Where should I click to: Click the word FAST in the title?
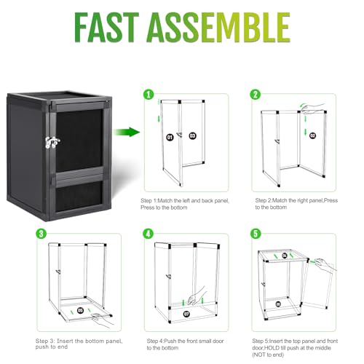[x=106, y=27]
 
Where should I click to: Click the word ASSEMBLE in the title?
[x=218, y=27]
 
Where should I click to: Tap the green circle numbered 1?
[x=149, y=94]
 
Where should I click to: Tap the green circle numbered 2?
[x=256, y=94]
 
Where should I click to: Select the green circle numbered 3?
[x=41, y=234]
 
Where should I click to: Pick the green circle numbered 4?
[x=149, y=234]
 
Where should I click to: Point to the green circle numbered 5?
[x=256, y=234]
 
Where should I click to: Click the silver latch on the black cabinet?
[x=52, y=142]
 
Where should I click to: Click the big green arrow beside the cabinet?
[x=127, y=132]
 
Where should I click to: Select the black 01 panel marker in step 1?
[x=170, y=138]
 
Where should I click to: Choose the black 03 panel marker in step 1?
[x=192, y=135]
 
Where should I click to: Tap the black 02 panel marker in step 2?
[x=313, y=135]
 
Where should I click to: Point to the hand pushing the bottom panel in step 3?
[x=103, y=320]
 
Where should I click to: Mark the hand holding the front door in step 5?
[x=325, y=265]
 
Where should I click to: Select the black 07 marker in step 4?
[x=186, y=314]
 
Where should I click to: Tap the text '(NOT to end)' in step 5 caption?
[x=268, y=355]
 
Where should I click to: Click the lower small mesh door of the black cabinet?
[x=79, y=195]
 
